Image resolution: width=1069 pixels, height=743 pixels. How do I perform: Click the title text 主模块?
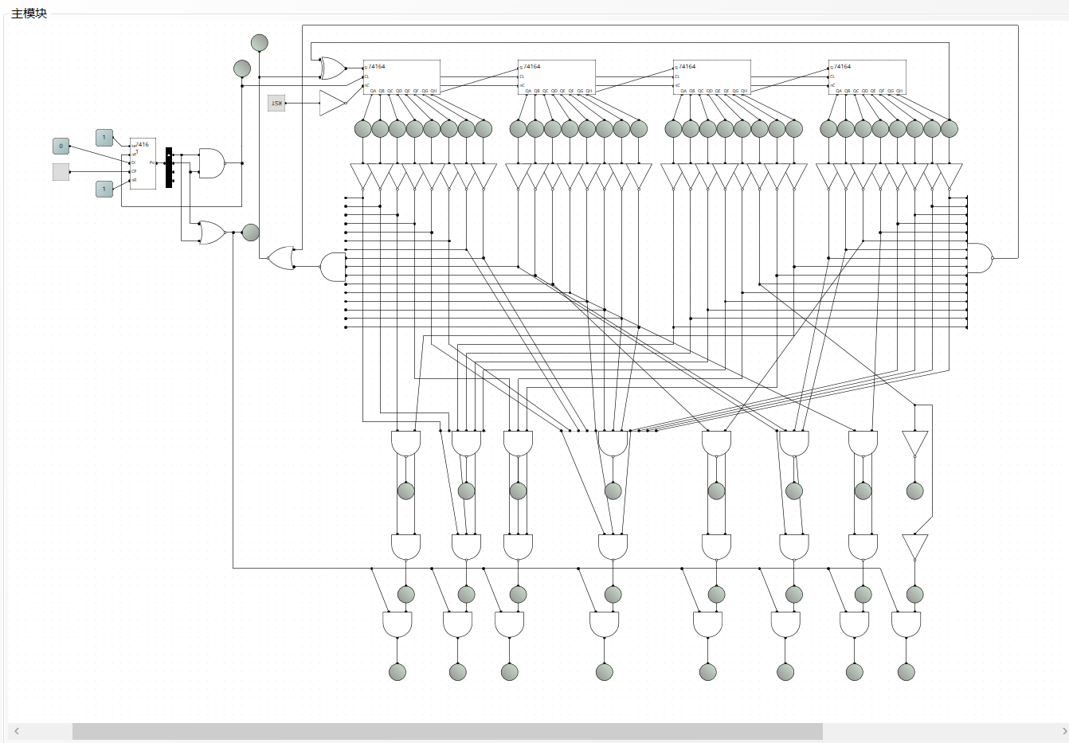[29, 14]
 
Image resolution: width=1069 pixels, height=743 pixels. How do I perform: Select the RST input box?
[276, 103]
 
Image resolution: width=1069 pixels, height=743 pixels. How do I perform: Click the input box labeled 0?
[61, 146]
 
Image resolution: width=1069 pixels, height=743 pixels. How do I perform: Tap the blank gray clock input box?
[61, 171]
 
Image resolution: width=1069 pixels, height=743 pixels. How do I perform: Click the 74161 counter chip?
[143, 163]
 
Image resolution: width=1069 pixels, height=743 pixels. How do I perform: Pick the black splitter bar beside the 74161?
[169, 167]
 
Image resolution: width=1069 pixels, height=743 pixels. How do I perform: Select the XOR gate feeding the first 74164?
[332, 68]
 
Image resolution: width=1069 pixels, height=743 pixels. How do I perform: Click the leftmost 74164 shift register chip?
[401, 76]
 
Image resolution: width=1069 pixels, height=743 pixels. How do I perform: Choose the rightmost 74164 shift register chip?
[867, 76]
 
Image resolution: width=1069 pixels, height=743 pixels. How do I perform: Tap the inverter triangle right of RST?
[331, 103]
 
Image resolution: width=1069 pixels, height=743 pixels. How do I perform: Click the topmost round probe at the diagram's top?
[259, 42]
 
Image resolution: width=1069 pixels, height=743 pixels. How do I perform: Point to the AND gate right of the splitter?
[211, 162]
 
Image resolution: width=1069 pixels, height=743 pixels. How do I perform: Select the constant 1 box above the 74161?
[104, 138]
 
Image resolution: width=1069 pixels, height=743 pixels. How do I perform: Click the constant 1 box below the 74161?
[104, 189]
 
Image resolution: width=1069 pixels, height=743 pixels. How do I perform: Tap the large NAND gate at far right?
[979, 258]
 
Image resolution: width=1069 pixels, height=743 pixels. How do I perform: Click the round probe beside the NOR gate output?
[250, 233]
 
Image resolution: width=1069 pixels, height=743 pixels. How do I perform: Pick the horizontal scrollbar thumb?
[447, 731]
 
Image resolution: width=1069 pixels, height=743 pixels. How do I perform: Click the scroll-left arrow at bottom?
[17, 731]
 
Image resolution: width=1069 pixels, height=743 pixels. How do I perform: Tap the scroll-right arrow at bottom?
[1063, 731]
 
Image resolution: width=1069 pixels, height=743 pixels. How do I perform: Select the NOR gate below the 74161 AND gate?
[212, 233]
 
